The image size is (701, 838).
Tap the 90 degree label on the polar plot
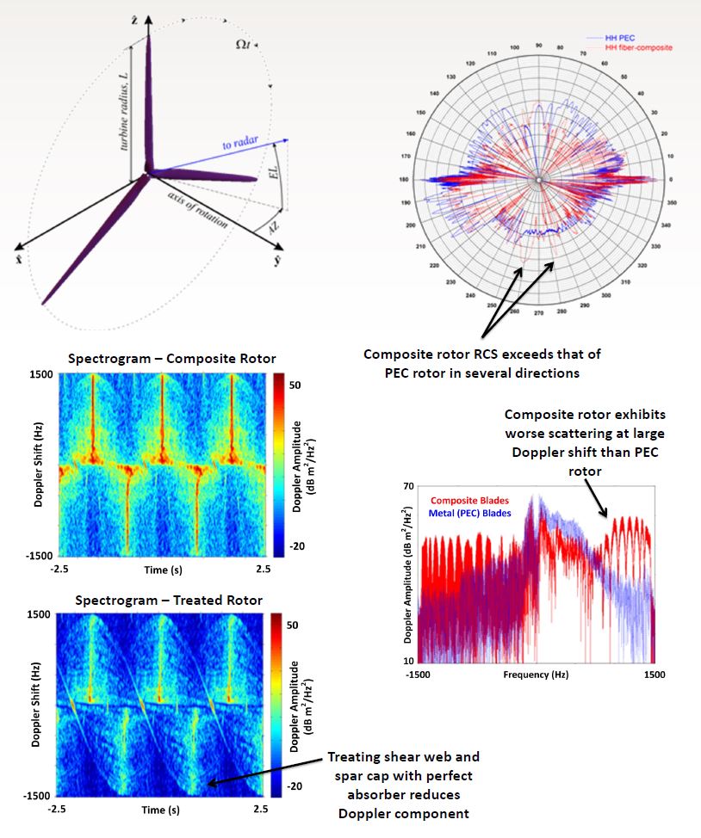coord(537,46)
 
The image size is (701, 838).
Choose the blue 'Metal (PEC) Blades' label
coord(470,513)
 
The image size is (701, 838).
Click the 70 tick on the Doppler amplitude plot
coord(410,486)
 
